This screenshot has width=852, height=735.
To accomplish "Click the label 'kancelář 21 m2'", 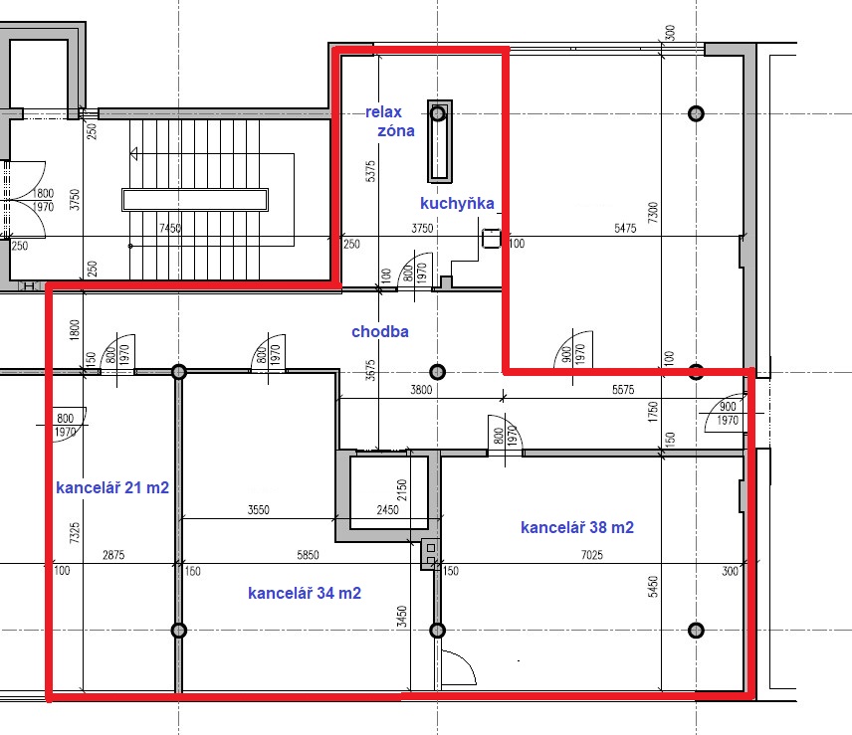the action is pyautogui.click(x=112, y=487).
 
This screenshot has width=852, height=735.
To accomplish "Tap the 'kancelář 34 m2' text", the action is pyautogui.click(x=305, y=593).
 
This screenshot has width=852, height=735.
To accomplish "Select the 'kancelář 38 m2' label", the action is pyautogui.click(x=577, y=527).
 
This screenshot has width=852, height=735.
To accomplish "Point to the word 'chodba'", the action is pyautogui.click(x=380, y=331).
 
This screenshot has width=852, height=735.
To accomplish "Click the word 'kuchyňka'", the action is pyautogui.click(x=457, y=204).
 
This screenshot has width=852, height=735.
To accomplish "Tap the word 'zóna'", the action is pyautogui.click(x=396, y=131).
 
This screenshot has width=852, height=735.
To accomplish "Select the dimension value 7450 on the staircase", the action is pyautogui.click(x=170, y=228).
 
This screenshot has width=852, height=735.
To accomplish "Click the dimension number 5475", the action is pyautogui.click(x=625, y=228).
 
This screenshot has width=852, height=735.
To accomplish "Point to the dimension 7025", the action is pyautogui.click(x=592, y=555).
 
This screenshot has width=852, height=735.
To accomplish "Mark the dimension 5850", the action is pyautogui.click(x=308, y=555).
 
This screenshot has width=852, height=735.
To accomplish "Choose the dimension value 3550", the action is pyautogui.click(x=258, y=509).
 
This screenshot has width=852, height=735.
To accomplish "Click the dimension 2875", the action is pyautogui.click(x=113, y=555).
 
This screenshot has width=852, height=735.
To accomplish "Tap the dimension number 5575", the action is pyautogui.click(x=623, y=389).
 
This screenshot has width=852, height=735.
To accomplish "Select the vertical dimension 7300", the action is pyautogui.click(x=653, y=212).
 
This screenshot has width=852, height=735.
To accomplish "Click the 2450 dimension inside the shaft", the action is pyautogui.click(x=387, y=509).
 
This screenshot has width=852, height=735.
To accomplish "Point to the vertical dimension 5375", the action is pyautogui.click(x=370, y=171).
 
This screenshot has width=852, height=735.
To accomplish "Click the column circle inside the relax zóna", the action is pyautogui.click(x=438, y=113).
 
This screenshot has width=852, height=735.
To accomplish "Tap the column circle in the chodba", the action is pyautogui.click(x=437, y=372).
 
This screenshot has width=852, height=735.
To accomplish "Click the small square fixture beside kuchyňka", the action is pyautogui.click(x=492, y=238).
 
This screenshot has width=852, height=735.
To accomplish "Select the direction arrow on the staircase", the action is pyautogui.click(x=134, y=154).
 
